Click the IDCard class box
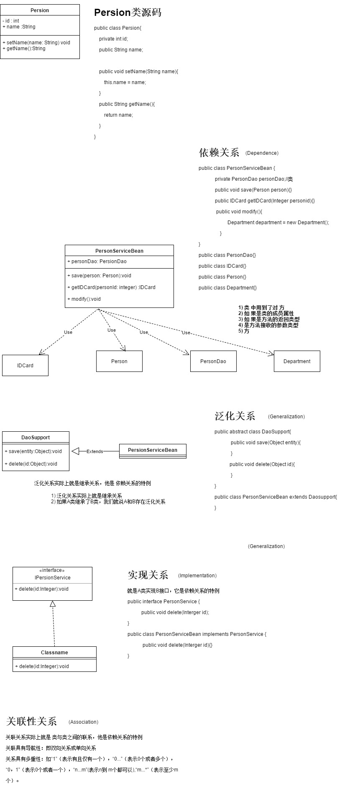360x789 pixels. tap(25, 365)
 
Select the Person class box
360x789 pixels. tap(119, 361)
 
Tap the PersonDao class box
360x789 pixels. tap(213, 361)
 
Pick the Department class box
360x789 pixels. tap(297, 361)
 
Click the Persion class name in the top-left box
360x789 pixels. tap(40, 10)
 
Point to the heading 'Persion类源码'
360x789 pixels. tap(128, 13)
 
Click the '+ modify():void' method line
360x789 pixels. tap(84, 299)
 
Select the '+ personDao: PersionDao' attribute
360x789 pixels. tap(97, 261)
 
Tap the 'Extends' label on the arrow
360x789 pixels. tap(94, 451)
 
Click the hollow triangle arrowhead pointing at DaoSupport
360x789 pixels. tap(75, 451)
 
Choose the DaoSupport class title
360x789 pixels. tap(36, 438)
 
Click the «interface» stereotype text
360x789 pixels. tap(52, 570)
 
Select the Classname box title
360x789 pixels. tap(54, 653)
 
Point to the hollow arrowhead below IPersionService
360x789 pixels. tap(53, 604)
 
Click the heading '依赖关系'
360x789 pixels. tap(219, 153)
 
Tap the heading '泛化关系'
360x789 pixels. tap(235, 416)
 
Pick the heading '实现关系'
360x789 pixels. tap(148, 575)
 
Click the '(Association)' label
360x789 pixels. tap(83, 722)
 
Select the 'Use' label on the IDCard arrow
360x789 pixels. tap(68, 332)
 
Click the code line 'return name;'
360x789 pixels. tap(118, 115)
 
